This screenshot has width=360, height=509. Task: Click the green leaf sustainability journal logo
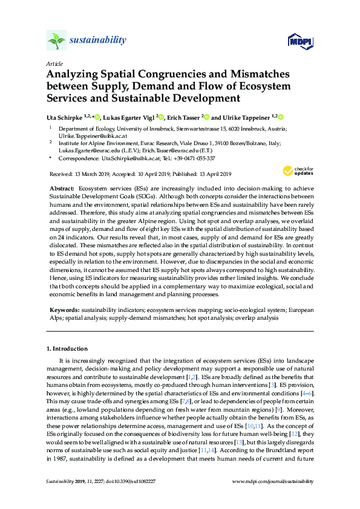click(x=56, y=41)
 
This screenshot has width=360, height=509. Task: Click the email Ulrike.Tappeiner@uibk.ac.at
click(x=88, y=137)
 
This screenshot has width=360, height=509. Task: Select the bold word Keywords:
click(x=64, y=309)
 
